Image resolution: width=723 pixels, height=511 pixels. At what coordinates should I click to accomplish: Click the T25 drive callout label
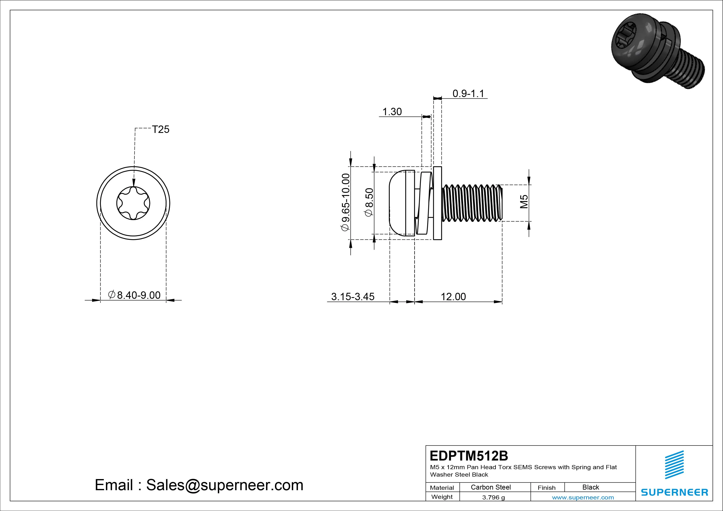[x=161, y=129]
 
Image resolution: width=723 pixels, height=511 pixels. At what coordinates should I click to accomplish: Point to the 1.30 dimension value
[x=392, y=111]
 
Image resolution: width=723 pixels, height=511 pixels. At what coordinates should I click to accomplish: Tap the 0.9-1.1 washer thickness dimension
[x=468, y=94]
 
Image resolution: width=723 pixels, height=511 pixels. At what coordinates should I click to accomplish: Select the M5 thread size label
[x=524, y=202]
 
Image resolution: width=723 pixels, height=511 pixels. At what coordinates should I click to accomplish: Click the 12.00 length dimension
[x=453, y=297]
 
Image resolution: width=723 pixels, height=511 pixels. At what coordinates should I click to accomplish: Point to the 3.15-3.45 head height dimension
[x=353, y=297]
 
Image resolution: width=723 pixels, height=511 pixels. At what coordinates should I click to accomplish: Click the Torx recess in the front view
[x=133, y=203]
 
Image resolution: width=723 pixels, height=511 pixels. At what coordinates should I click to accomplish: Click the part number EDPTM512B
[x=469, y=456]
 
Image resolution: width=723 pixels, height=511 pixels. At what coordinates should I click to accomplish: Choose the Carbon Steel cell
[x=491, y=487]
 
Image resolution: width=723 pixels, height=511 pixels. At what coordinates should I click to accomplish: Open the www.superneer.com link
[x=583, y=497]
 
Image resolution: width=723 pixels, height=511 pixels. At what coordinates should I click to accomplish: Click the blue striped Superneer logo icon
[x=674, y=465]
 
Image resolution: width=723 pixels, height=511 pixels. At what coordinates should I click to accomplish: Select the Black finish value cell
[x=591, y=487]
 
